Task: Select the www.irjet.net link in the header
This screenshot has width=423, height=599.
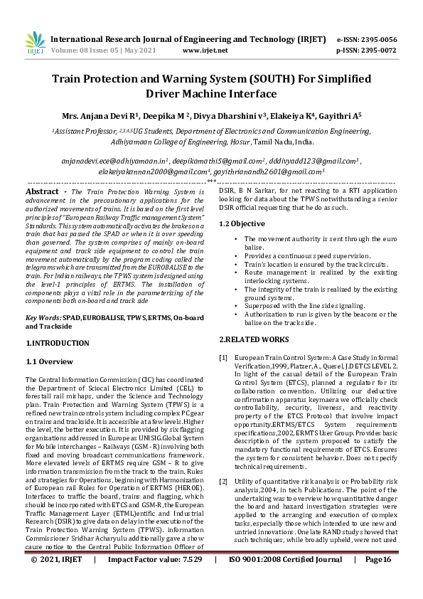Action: (x=205, y=51)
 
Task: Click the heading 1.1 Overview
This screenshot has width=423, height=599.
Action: (x=50, y=362)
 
